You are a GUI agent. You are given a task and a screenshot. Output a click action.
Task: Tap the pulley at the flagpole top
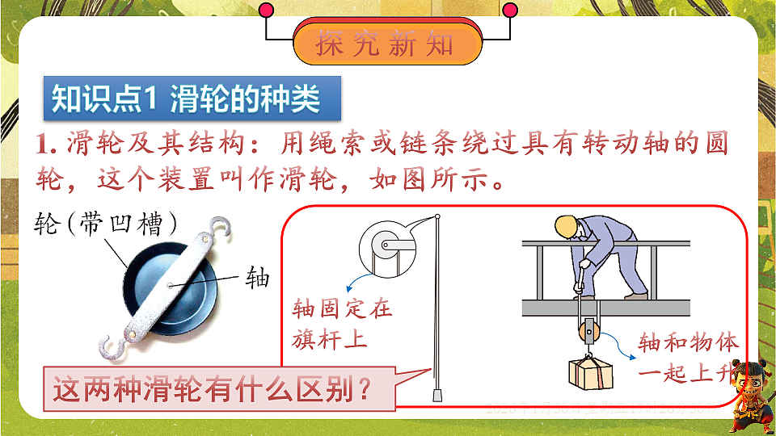point(387,245)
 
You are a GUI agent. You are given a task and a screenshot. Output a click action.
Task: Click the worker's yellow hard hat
point(565,227)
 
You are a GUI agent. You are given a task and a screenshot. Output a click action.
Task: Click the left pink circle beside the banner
point(266,10)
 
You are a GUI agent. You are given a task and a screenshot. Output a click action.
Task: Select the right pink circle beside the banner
point(510,10)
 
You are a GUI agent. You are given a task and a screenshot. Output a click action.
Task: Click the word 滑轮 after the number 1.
point(90,145)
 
